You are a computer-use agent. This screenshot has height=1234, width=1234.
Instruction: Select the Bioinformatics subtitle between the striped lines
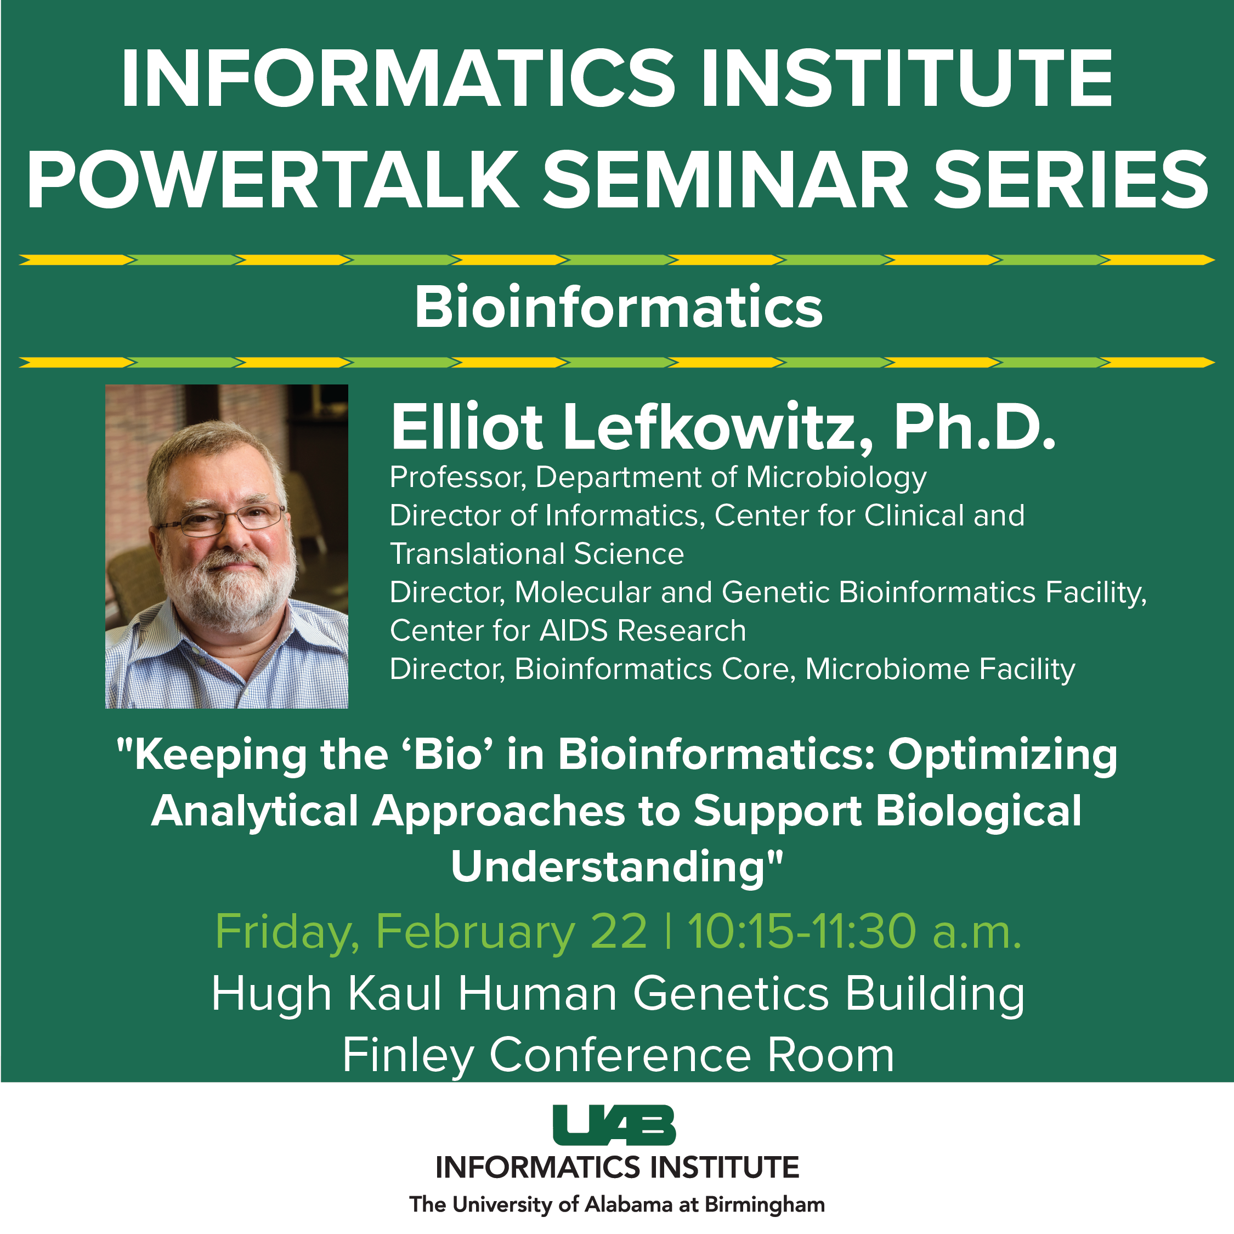coord(618,307)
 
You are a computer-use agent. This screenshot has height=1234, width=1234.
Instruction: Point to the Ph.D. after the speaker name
coord(975,427)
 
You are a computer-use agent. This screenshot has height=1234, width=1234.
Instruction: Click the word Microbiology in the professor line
coord(837,478)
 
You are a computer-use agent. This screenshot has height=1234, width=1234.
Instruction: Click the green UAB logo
coord(614,1125)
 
